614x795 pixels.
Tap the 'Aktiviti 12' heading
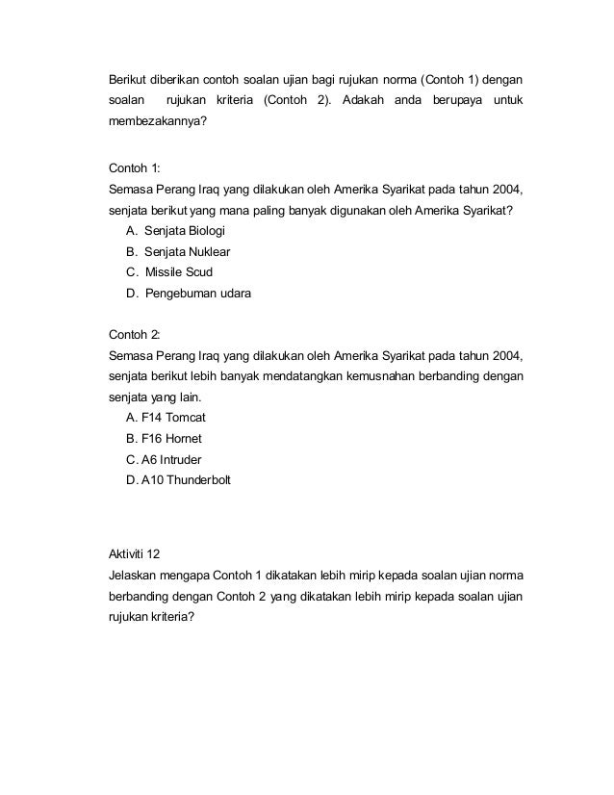139,552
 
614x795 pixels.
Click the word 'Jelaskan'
135,575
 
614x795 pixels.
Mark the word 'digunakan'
343,209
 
